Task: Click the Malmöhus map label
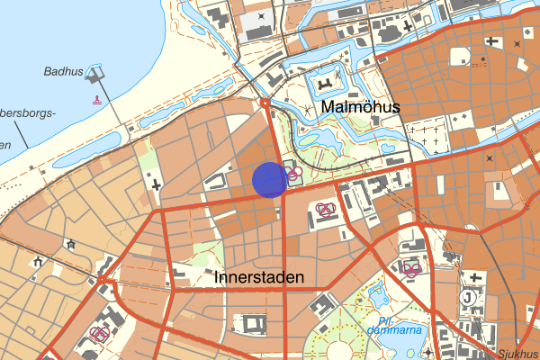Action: pos(360,108)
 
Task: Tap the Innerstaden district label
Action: pos(260,278)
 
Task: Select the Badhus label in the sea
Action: pos(62,71)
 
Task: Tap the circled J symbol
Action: pos(468,296)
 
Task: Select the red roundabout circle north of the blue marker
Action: pos(265,103)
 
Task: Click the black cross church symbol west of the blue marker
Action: pos(157,184)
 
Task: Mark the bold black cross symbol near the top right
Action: pos(491,40)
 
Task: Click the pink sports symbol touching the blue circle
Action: pos(293,173)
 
